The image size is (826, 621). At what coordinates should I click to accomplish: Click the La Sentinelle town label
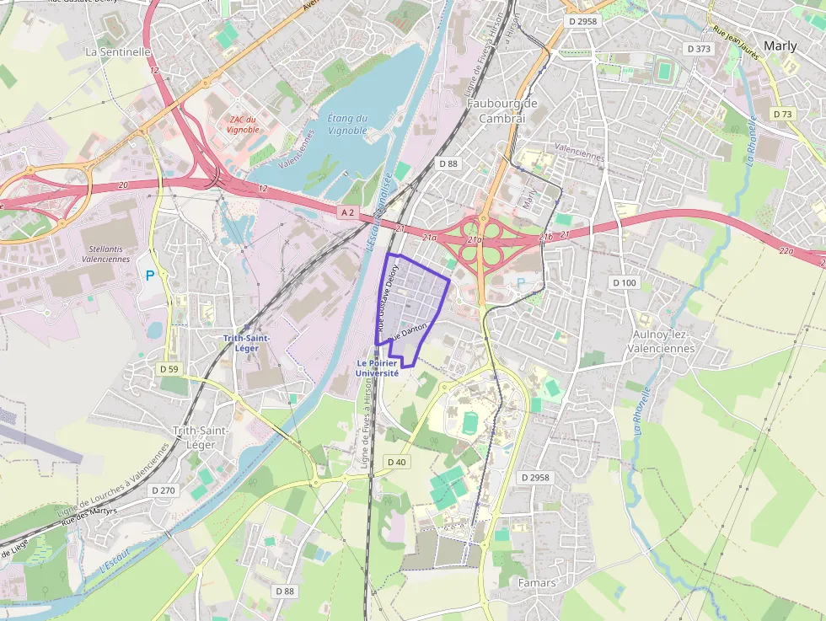pos(118,51)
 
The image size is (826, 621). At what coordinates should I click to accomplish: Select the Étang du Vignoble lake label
pos(347,125)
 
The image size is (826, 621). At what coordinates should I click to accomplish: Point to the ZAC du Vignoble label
pos(243,125)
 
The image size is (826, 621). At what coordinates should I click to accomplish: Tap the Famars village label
pos(537,583)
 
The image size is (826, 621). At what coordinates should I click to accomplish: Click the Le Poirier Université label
pos(377,368)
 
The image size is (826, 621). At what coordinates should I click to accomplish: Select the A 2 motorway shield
pos(349,213)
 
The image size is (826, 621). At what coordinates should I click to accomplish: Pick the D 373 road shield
pos(699,49)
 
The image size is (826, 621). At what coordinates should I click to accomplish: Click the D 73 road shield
pos(783,114)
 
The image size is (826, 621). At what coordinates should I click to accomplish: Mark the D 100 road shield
pos(625,282)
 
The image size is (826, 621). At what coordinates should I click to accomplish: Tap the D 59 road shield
pos(169,369)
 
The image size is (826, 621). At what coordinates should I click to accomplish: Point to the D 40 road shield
pos(396,462)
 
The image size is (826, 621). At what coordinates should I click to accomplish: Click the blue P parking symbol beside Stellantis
pos(150,275)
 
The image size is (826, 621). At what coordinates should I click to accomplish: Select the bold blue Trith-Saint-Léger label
pos(246,343)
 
